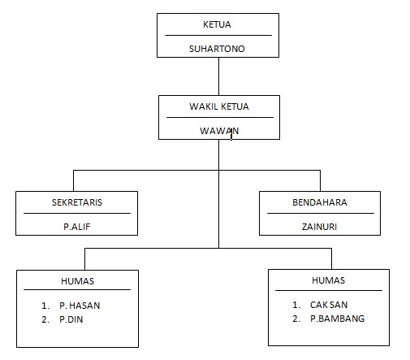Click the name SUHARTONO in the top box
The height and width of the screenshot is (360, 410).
pyautogui.click(x=217, y=49)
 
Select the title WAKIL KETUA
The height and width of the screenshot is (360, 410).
pyautogui.click(x=219, y=106)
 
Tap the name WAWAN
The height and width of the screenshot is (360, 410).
pyautogui.click(x=219, y=131)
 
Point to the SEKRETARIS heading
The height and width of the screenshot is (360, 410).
pyautogui.click(x=77, y=202)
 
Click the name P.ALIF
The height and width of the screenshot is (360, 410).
pyautogui.click(x=76, y=227)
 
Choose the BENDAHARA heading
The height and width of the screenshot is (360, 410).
pyautogui.click(x=320, y=202)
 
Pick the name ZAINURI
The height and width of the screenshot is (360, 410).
pyautogui.click(x=319, y=227)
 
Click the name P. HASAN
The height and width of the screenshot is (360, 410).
pyautogui.click(x=80, y=306)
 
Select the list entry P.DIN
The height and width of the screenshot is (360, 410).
pyautogui.click(x=71, y=319)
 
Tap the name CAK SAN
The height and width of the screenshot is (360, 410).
pyautogui.click(x=329, y=305)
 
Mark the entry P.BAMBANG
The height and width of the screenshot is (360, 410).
pyautogui.click(x=337, y=319)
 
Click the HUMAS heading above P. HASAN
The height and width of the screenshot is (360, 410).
pyautogui.click(x=78, y=281)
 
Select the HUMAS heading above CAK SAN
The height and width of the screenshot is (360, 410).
pyautogui.click(x=329, y=280)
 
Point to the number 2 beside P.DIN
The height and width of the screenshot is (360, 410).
pyautogui.click(x=45, y=319)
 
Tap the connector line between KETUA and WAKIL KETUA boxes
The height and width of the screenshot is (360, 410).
pyautogui.click(x=218, y=76)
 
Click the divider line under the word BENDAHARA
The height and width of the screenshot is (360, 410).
pyautogui.click(x=321, y=214)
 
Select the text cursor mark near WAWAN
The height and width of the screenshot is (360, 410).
pyautogui.click(x=231, y=134)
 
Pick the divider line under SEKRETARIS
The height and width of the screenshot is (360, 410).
pyautogui.click(x=77, y=214)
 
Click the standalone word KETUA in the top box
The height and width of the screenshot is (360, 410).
pyautogui.click(x=217, y=24)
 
